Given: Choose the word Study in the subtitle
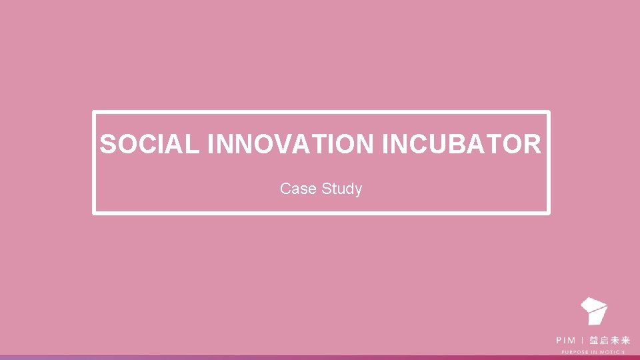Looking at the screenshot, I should tap(341, 189).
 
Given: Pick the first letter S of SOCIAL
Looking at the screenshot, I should tap(107, 144).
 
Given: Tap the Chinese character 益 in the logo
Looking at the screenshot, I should tap(593, 340).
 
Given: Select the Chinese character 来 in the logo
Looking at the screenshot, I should tap(625, 340).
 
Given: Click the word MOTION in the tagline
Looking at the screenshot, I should tap(613, 351).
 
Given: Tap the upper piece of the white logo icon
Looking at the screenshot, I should tap(593, 305).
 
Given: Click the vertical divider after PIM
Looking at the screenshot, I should tap(583, 340).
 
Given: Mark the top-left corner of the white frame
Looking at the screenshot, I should tap(94, 113).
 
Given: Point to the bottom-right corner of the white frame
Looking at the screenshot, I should tap(549, 213).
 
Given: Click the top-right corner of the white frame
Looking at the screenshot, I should tap(549, 113).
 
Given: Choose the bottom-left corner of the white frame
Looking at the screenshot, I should tap(94, 213).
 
